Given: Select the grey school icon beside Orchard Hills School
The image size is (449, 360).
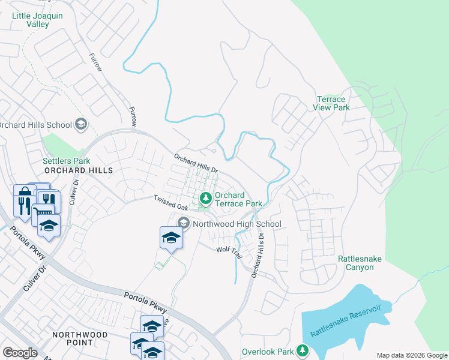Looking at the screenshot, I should [80, 125].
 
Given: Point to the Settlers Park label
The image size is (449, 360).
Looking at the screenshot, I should [66, 161].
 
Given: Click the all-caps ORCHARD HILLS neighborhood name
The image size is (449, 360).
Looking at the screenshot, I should [79, 170].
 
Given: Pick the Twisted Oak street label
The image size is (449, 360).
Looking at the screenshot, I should [171, 202].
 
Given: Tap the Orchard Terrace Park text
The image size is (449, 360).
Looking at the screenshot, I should [238, 199].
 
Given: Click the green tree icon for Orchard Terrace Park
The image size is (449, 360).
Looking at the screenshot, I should [205, 197].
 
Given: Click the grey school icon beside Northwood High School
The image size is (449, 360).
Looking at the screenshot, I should [184, 224].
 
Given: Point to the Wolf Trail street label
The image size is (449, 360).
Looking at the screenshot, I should [229, 252].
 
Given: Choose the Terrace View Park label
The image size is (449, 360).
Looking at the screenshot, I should [331, 103].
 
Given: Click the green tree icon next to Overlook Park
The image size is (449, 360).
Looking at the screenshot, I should [303, 350].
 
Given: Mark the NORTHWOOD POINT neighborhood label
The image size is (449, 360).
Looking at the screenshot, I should [80, 338].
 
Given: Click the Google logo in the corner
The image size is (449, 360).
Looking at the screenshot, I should [20, 353].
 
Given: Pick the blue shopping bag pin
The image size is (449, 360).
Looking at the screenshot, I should [23, 192].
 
